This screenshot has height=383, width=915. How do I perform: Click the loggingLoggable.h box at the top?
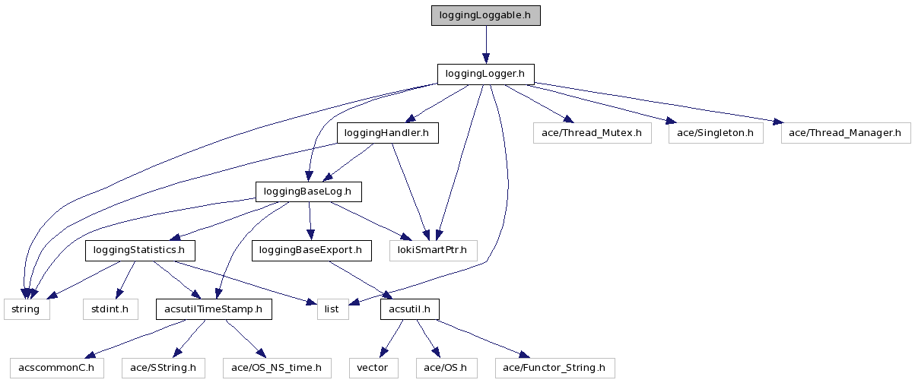coord(485,15)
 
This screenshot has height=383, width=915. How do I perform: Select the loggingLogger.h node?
coord(485,74)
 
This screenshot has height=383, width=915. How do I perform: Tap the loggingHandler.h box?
coord(387,133)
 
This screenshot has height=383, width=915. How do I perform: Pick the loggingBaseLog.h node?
coord(308,191)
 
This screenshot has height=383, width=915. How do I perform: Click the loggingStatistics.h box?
coord(139,249)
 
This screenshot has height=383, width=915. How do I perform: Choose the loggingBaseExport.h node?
coord(311,249)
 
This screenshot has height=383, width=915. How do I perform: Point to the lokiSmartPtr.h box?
coord(433,249)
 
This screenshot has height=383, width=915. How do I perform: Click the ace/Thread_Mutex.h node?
coord(592,133)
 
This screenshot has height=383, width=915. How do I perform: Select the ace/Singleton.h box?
coord(715,133)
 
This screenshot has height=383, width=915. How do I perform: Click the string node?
coord(27,309)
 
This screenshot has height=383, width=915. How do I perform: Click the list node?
coord(332,309)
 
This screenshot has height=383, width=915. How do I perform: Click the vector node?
coord(373,368)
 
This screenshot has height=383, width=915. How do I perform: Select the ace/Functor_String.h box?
coord(554,368)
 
